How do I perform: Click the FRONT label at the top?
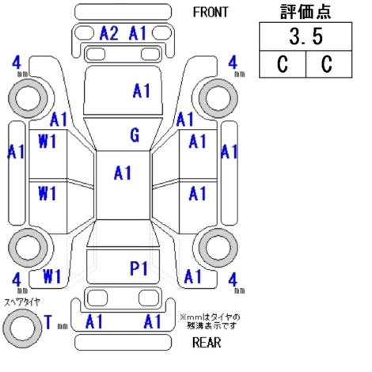click(211, 12)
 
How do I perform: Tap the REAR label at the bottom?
click(207, 343)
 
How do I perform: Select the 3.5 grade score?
click(306, 36)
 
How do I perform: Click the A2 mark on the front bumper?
click(108, 33)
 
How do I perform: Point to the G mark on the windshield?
click(135, 135)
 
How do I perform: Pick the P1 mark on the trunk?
click(139, 268)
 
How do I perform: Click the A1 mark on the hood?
click(142, 91)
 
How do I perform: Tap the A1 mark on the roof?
click(123, 173)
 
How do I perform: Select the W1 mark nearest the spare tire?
click(52, 276)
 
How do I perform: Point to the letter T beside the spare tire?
click(48, 322)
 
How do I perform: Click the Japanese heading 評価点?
click(306, 12)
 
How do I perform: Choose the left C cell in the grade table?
click(283, 64)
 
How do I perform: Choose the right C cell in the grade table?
click(328, 64)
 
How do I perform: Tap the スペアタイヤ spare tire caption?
click(22, 302)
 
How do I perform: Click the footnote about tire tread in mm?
click(211, 321)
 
